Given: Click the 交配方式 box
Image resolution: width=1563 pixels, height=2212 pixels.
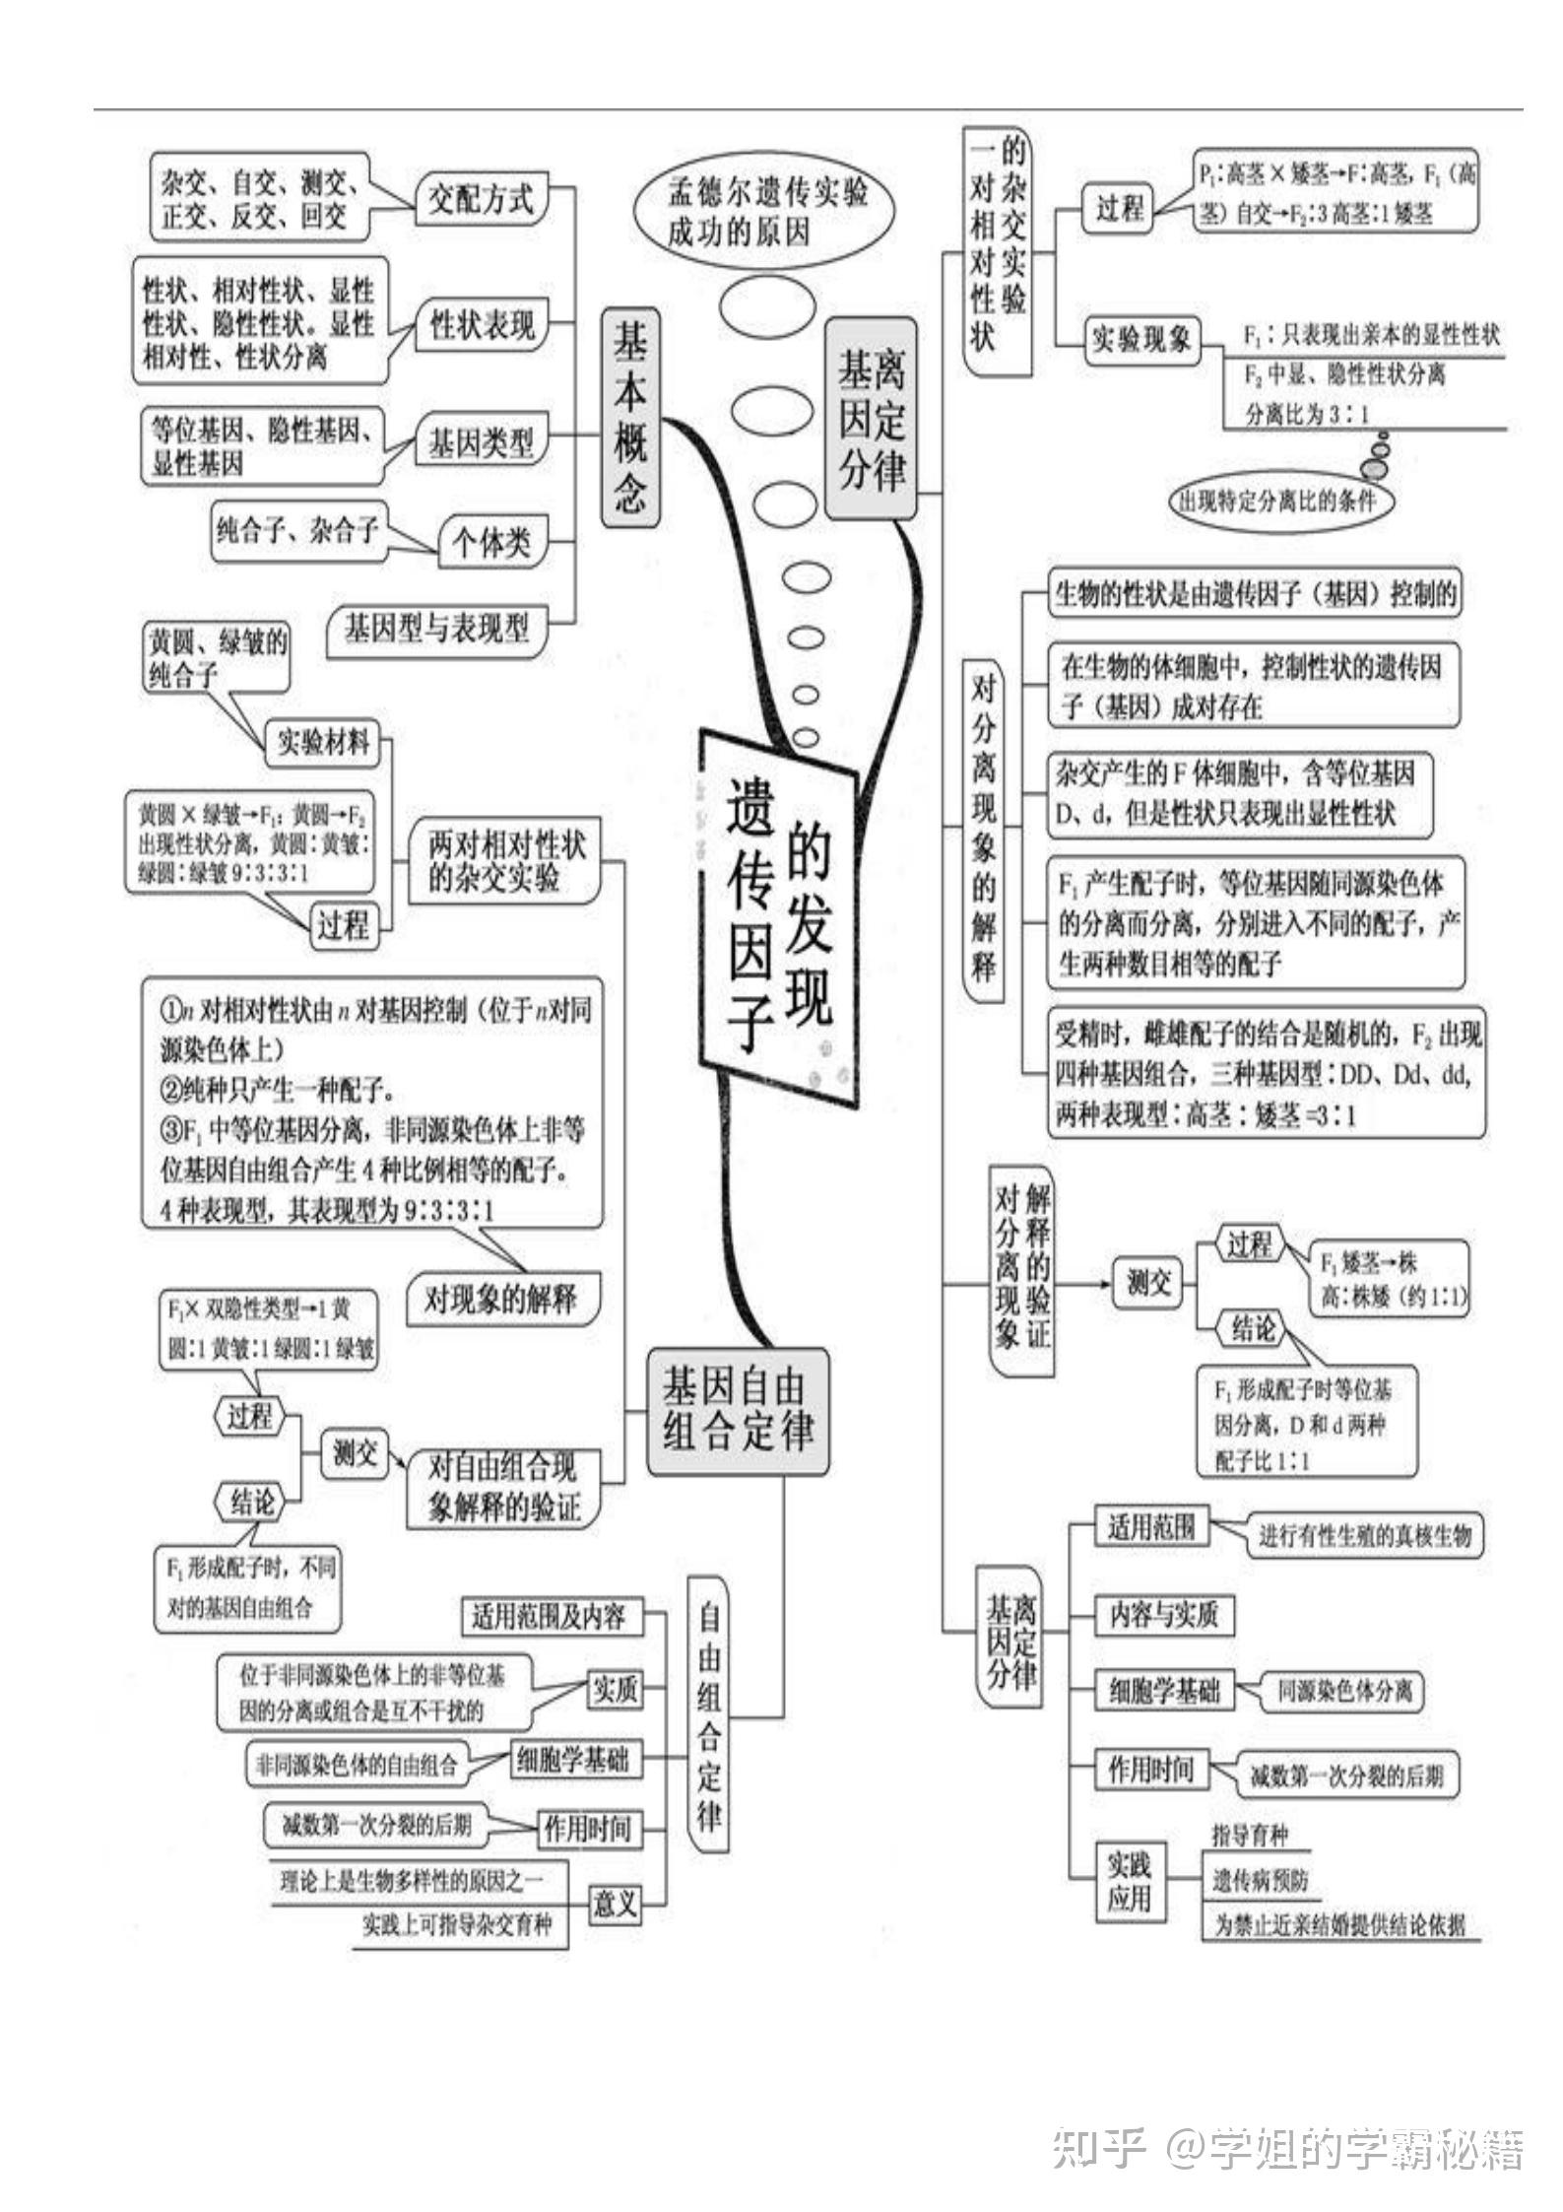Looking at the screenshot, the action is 480,200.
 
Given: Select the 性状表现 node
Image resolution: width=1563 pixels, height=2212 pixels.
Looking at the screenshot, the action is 482,324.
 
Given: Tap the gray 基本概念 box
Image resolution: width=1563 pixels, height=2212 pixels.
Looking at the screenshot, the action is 630,417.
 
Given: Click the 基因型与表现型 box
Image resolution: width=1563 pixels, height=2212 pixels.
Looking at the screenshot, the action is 436,628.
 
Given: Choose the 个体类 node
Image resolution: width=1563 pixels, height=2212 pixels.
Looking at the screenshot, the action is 491,543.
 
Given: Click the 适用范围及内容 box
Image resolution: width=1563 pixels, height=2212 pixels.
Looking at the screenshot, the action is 548,1617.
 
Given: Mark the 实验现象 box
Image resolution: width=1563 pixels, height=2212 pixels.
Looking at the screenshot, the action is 1140,340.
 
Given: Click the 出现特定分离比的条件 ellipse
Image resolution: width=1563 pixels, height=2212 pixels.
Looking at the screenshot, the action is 1277,502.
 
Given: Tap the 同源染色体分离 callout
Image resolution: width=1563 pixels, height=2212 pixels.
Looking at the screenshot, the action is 1344,1691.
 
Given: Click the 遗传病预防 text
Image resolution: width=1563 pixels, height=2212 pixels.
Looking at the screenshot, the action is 1260,1880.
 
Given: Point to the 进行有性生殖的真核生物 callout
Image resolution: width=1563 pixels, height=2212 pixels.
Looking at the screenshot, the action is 1364,1536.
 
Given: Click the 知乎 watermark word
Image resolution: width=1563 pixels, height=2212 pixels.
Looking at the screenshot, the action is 1099,2148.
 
